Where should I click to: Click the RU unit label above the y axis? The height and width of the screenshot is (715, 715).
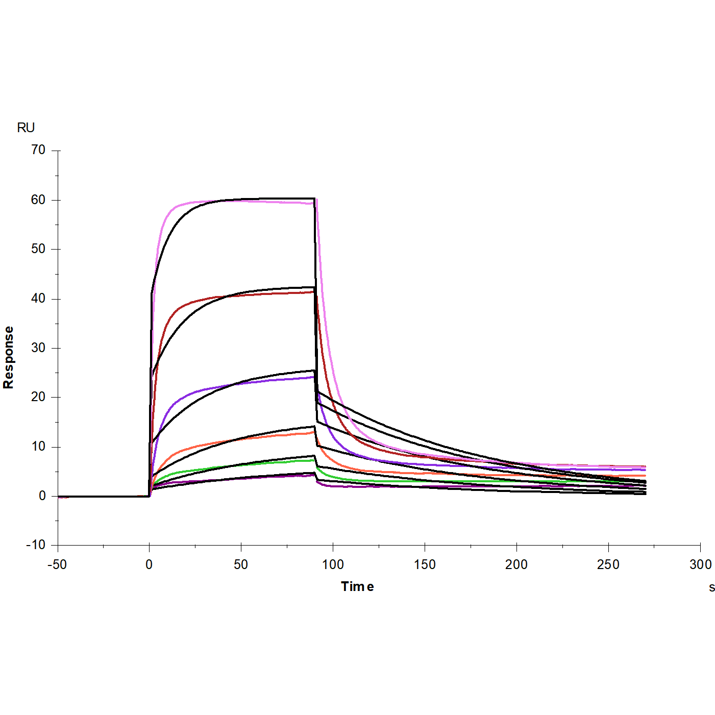point(26,128)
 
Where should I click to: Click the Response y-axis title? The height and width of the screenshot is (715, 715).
point(8,357)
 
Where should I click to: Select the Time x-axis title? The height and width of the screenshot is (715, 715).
point(357,586)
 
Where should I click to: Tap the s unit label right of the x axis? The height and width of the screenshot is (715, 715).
point(711,587)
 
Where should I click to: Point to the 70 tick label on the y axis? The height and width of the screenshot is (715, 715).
point(38,150)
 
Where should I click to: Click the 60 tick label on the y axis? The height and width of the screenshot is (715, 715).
point(38,200)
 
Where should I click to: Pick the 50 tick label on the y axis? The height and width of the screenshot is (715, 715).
point(38,249)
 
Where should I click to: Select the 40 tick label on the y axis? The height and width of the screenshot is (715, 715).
point(38,299)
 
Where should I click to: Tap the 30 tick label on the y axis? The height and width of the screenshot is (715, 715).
point(38,348)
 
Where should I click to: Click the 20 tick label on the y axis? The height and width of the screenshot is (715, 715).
point(38,397)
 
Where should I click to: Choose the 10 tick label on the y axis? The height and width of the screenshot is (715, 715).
point(38,447)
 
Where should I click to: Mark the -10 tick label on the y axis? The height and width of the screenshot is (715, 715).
point(36,545)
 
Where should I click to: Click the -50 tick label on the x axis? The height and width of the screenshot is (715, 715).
point(57,564)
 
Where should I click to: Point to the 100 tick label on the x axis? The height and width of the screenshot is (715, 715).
point(333,564)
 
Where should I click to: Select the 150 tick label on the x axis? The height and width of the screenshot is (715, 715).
point(425,564)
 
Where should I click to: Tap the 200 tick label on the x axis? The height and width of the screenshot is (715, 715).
point(516,564)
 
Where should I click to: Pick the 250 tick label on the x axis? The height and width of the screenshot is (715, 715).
point(608,564)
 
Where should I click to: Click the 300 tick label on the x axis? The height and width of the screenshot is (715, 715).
point(700,564)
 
